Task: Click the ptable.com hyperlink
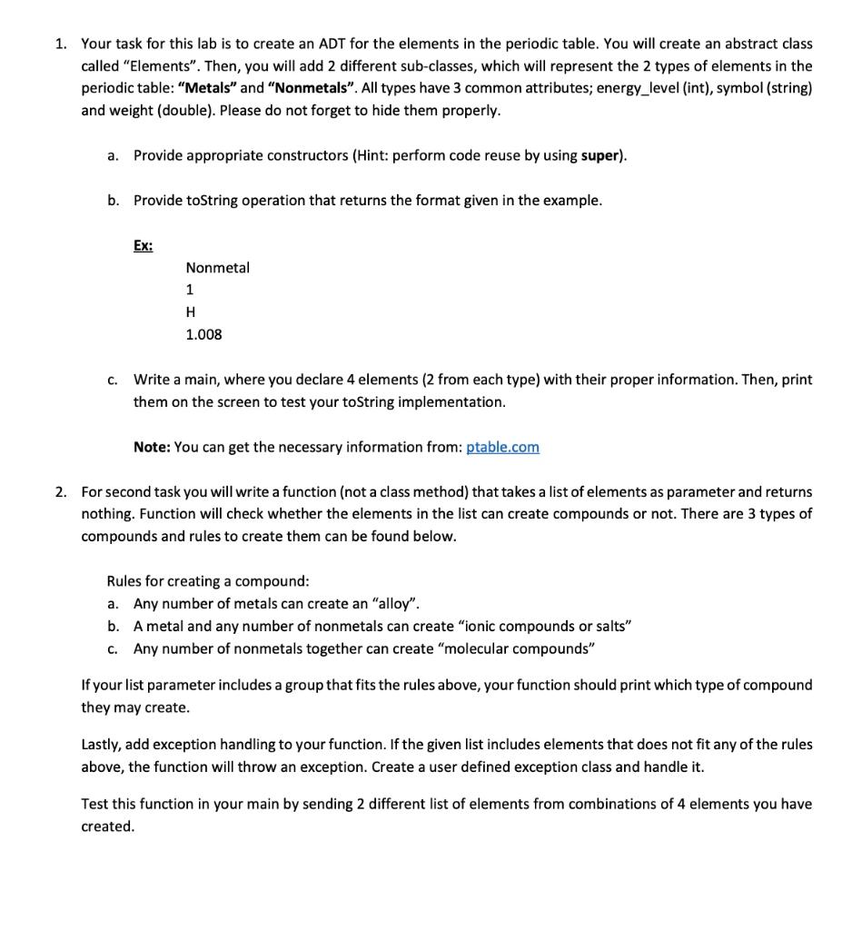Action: (x=502, y=447)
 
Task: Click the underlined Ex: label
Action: (x=143, y=245)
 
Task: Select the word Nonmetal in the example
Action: (x=217, y=268)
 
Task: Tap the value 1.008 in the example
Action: (x=203, y=334)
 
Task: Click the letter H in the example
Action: (x=191, y=312)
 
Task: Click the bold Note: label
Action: (x=152, y=447)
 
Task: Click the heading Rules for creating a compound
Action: (x=208, y=581)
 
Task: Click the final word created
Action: (x=107, y=826)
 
